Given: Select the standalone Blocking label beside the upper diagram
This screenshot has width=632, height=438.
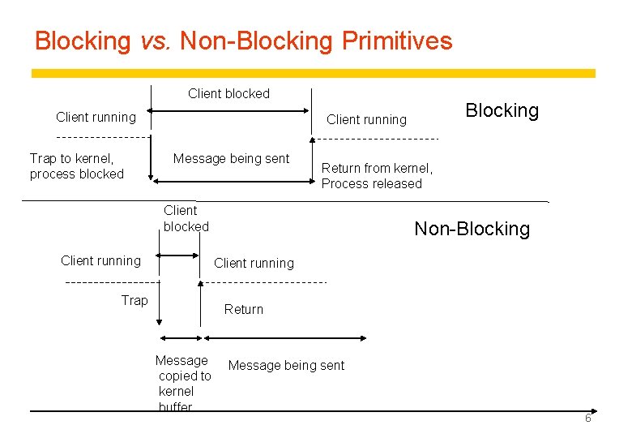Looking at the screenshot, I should coord(502,110).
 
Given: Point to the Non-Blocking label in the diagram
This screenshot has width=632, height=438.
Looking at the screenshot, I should coord(472,229).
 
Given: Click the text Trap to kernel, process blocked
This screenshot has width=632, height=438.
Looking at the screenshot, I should coord(76,166).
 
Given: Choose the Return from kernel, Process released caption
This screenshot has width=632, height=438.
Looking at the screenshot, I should coord(377,176).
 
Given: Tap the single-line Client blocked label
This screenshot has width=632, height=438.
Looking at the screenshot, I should coord(228,93).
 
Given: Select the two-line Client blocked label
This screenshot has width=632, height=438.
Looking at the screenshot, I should coord(186,219).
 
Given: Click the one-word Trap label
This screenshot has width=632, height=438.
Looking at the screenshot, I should coord(135,301).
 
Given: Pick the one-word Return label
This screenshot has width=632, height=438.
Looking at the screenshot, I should coord(243,309).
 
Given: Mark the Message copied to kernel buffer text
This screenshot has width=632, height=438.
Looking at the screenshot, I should coord(183,384).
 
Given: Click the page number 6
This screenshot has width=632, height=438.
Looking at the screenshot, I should coord(588,418).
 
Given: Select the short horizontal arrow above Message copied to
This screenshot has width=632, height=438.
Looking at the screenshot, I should coord(180,337).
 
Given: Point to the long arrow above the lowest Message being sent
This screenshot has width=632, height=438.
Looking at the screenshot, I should coord(284,337).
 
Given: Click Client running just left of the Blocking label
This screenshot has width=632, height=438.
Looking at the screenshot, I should coord(366,120).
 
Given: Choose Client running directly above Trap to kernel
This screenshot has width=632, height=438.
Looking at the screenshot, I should coord(96,117).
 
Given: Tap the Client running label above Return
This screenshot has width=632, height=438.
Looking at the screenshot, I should coord(254,263).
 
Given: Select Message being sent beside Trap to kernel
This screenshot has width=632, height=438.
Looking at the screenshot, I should coord(231,159).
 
